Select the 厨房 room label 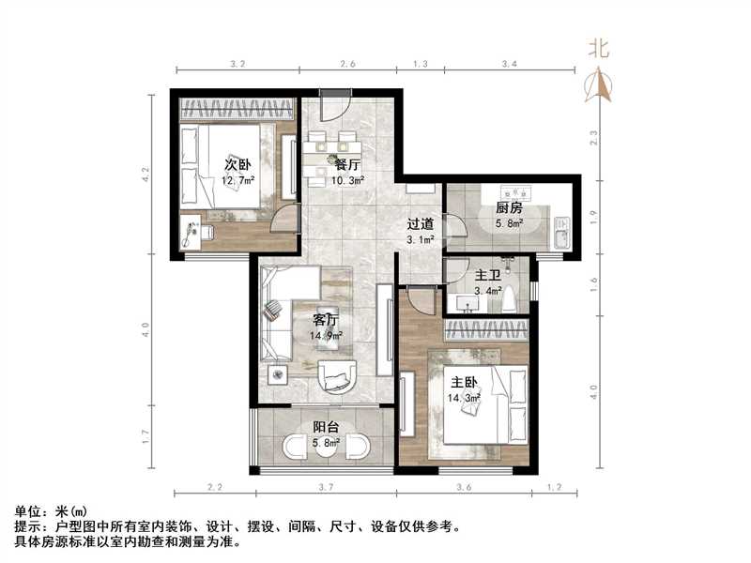pos(509,208)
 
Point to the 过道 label pos(420,224)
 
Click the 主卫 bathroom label pos(487,276)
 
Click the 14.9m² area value pos(327,335)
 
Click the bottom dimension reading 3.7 pos(326,488)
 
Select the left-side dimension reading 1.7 pos(145,435)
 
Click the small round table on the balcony pos(324,446)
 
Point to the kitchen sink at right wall pos(561,232)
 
